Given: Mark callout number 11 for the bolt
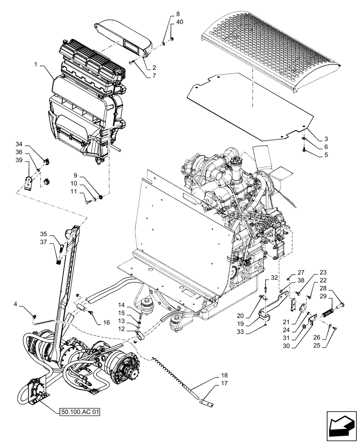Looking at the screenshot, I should [74, 191].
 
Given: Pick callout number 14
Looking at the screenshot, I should [121, 305].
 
